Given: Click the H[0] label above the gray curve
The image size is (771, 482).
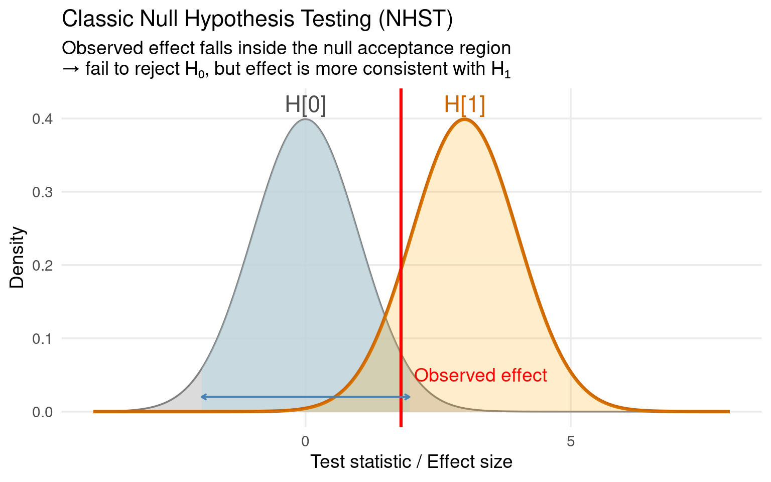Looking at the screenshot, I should click(x=305, y=105).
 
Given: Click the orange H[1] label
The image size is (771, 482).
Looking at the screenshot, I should click(x=464, y=105).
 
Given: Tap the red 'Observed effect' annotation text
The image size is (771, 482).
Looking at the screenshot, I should click(x=480, y=375).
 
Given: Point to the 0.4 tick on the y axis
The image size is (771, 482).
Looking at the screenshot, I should click(x=43, y=119).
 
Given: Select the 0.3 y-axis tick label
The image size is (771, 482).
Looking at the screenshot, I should click(x=43, y=192).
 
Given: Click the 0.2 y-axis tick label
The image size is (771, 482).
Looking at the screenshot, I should click(x=43, y=265).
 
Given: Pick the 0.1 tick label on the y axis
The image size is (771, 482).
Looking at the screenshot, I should click(x=43, y=338).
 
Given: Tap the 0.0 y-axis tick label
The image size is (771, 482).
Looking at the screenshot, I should click(x=43, y=412).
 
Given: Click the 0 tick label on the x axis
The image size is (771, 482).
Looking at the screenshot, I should click(x=305, y=441).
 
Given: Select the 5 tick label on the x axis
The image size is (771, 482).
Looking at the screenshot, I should click(x=570, y=441).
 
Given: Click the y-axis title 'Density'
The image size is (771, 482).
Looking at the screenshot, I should click(x=17, y=258).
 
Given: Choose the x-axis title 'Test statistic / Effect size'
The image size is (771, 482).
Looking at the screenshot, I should click(x=411, y=462).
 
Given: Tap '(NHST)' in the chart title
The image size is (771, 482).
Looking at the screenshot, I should click(x=416, y=19).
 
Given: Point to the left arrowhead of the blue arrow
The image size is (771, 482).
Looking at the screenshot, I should click(x=203, y=397).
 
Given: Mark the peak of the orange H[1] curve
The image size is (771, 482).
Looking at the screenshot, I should click(x=464, y=119).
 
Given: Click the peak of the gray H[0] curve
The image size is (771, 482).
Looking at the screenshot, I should click(x=305, y=119).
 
